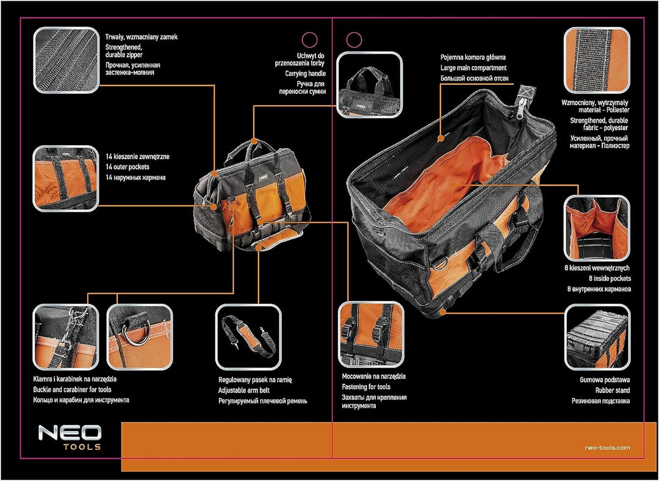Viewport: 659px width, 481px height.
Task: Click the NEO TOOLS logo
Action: click(70, 437)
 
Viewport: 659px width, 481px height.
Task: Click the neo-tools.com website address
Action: click(607, 447)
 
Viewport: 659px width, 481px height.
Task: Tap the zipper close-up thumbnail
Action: click(65, 59)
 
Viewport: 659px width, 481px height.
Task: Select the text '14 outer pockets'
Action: click(128, 167)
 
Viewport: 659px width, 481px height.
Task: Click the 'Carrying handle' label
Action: click(305, 73)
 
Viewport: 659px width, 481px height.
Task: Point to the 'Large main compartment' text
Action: click(474, 68)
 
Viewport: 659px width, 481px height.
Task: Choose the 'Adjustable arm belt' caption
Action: click(244, 389)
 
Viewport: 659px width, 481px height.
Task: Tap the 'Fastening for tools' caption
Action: click(366, 387)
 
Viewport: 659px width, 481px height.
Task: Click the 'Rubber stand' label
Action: click(613, 389)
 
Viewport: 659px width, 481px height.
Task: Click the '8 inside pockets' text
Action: click(610, 278)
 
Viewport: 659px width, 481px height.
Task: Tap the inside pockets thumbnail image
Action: click(596, 226)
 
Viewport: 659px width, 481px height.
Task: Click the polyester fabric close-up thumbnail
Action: click(596, 59)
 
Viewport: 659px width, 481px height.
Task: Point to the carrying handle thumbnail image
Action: click(370, 84)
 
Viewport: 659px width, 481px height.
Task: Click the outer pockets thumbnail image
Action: click(65, 178)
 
